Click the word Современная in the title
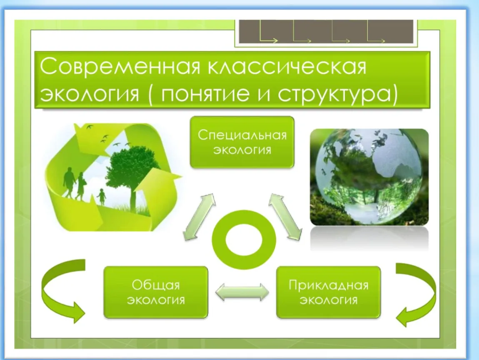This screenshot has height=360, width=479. (120, 66)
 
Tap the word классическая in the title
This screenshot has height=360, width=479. (287, 66)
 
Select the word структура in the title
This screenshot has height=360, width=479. (334, 95)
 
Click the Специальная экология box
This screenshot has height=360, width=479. (242, 142)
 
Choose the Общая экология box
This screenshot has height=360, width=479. (156, 292)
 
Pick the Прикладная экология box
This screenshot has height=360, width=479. (328, 292)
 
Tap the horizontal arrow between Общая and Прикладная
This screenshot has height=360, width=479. (242, 292)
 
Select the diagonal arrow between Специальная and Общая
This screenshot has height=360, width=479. (199, 217)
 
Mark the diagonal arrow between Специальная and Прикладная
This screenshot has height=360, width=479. (285, 217)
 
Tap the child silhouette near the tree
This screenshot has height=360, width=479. (101, 197)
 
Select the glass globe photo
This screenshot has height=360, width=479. (369, 177)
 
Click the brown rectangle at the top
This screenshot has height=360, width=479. (326, 32)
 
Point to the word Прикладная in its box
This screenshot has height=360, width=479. (328, 285)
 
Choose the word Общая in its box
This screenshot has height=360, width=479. (156, 285)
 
